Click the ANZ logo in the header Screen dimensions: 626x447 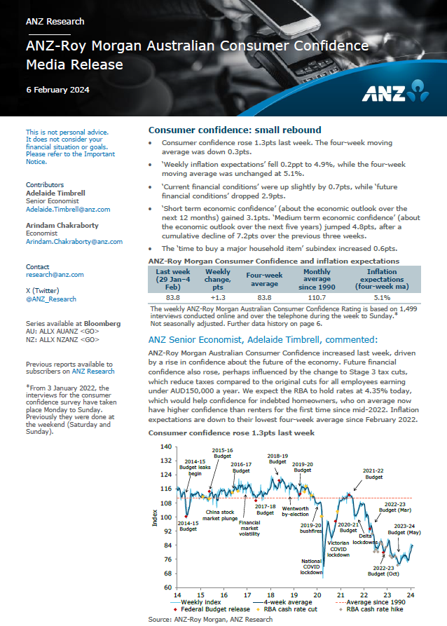coord(395,93)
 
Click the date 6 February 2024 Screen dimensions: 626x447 coord(57,90)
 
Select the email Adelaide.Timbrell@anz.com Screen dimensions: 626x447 coord(68,209)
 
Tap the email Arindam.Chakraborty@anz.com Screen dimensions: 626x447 coord(74,241)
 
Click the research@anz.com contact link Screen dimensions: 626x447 coord(55,275)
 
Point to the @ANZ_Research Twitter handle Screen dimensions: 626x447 coord(50,299)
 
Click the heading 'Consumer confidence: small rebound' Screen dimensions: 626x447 coord(235,130)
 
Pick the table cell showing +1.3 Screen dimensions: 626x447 coord(218,297)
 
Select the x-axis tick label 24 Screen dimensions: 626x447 coord(411,594)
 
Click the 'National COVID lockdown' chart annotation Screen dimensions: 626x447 coord(311,566)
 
